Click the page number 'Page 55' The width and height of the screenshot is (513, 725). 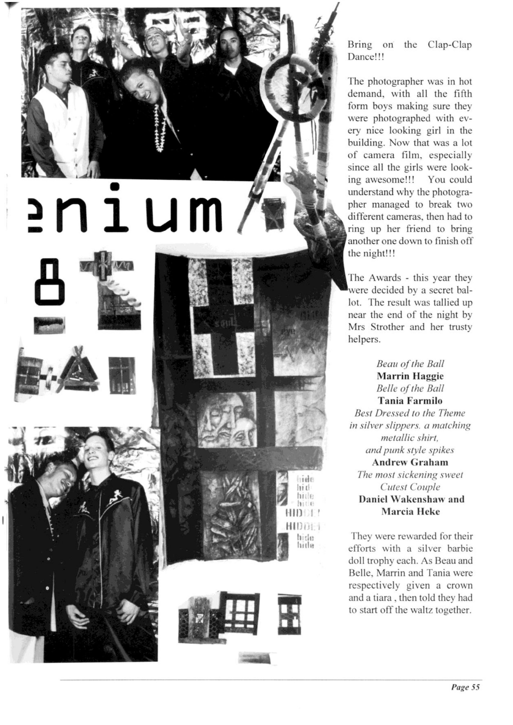pyautogui.click(x=465, y=687)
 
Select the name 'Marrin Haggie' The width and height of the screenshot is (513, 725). pyautogui.click(x=410, y=376)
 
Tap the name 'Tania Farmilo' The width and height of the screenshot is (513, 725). pyautogui.click(x=410, y=401)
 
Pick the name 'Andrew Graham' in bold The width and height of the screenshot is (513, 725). pyautogui.click(x=410, y=462)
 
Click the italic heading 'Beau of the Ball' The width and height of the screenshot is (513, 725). pyautogui.click(x=410, y=364)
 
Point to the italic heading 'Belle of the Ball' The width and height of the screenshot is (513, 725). pyautogui.click(x=410, y=388)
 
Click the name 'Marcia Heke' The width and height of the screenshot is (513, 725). pyautogui.click(x=410, y=512)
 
